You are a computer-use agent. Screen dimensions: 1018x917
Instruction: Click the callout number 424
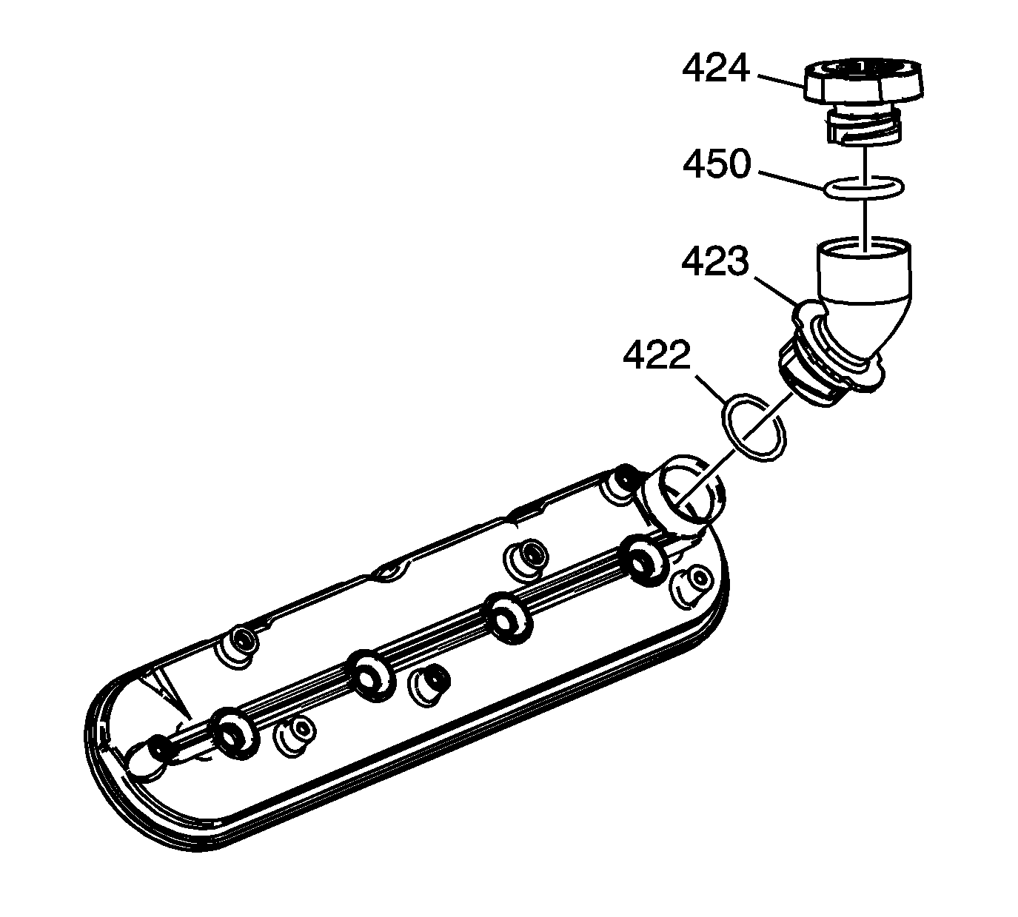click(x=715, y=69)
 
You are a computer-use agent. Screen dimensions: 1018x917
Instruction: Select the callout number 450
click(x=717, y=164)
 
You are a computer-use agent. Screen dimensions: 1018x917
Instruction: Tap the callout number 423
click(x=715, y=262)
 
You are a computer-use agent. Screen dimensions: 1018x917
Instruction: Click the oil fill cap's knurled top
click(x=863, y=83)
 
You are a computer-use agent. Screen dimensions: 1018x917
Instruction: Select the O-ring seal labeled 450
click(x=864, y=188)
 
